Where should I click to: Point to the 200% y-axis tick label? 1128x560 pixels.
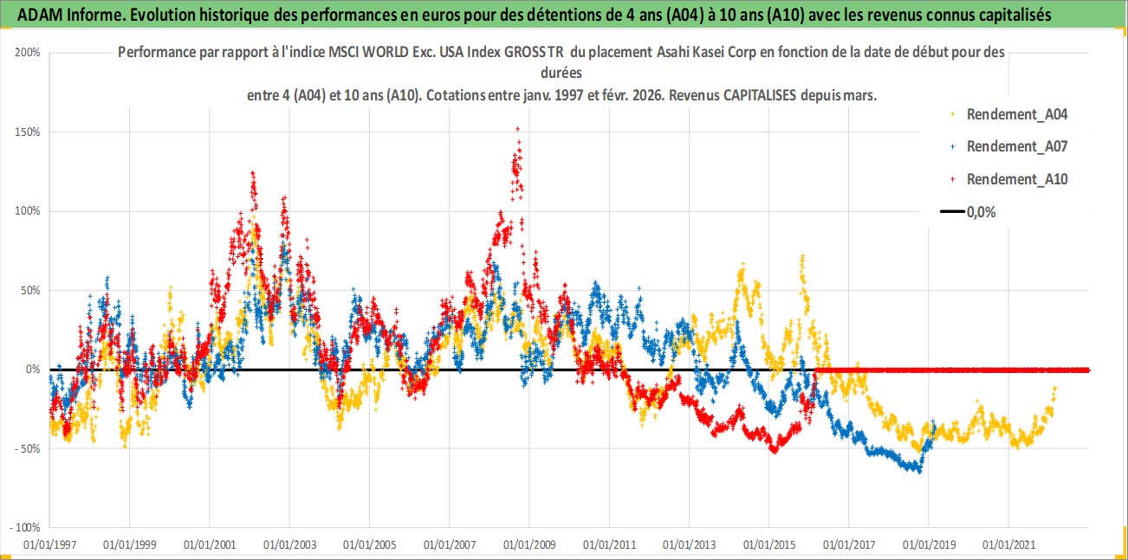[x=29, y=53]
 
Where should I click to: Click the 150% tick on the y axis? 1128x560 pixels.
[x=29, y=132]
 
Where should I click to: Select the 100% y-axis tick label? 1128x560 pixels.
[x=29, y=211]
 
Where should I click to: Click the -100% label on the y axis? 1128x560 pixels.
[x=25, y=527]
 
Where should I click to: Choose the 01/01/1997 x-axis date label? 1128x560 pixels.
[x=49, y=546]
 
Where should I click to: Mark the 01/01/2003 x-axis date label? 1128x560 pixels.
[x=289, y=546]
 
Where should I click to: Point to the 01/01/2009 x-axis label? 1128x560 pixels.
[x=528, y=546]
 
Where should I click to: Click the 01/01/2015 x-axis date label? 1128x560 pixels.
[x=768, y=546]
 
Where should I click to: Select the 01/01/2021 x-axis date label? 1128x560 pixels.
[x=1008, y=546]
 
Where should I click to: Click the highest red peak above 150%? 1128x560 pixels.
[x=517, y=129]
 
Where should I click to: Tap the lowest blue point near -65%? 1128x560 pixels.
[x=918, y=471]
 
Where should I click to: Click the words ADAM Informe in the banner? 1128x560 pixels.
[x=56, y=14]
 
